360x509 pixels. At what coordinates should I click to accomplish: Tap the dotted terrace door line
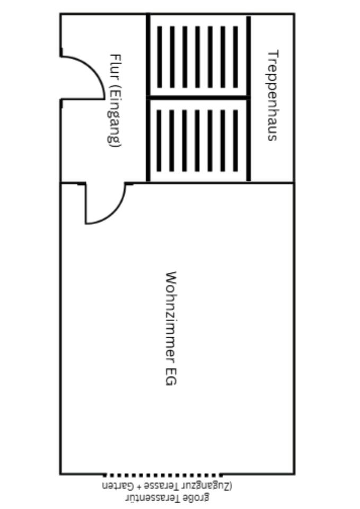162,475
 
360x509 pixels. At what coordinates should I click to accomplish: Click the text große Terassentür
168,497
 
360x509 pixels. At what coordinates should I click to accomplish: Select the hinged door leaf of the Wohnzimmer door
86,204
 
